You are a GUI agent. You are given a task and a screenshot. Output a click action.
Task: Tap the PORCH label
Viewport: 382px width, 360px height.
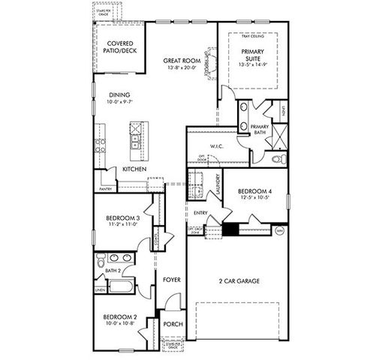173,325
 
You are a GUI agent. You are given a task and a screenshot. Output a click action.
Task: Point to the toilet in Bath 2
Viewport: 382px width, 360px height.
101,262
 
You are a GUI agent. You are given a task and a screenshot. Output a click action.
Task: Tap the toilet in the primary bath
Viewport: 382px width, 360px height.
277,159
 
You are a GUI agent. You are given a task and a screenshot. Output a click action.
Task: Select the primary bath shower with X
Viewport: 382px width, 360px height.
278,136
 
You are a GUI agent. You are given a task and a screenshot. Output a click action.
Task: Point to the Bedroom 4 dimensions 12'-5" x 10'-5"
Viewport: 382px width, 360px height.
254,199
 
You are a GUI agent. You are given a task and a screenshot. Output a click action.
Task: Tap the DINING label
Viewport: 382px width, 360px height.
120,95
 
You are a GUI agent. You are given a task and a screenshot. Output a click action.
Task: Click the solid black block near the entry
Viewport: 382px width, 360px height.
230,229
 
